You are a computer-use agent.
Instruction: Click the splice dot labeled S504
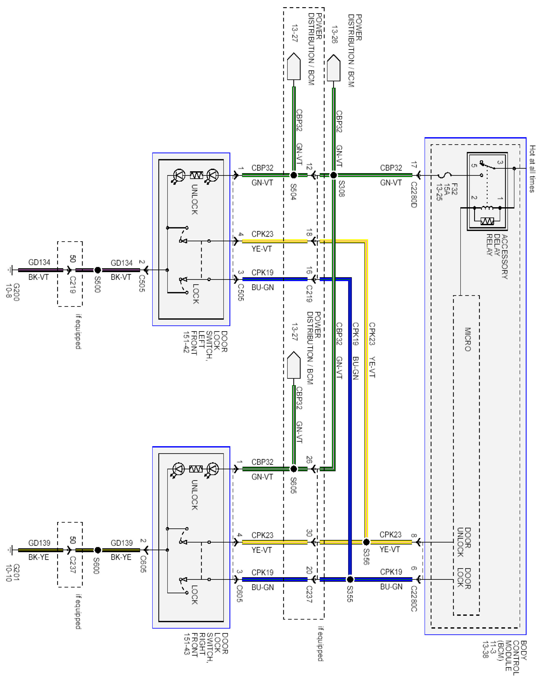tap(294, 175)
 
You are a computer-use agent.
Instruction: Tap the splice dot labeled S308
tap(334, 175)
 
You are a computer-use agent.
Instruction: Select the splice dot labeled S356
tap(366, 542)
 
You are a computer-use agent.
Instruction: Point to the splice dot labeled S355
tap(350, 580)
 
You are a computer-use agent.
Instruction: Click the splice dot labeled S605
tap(294, 469)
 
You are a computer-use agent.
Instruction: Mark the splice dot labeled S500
tap(98, 270)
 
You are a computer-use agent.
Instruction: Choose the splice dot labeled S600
tap(98, 550)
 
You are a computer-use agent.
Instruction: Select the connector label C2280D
tap(414, 195)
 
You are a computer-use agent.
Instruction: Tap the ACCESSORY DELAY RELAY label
tap(497, 257)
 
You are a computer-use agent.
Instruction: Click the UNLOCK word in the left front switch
tap(194, 199)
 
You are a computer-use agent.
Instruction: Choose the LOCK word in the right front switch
tap(194, 595)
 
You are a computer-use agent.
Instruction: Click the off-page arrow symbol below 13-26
tap(334, 68)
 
